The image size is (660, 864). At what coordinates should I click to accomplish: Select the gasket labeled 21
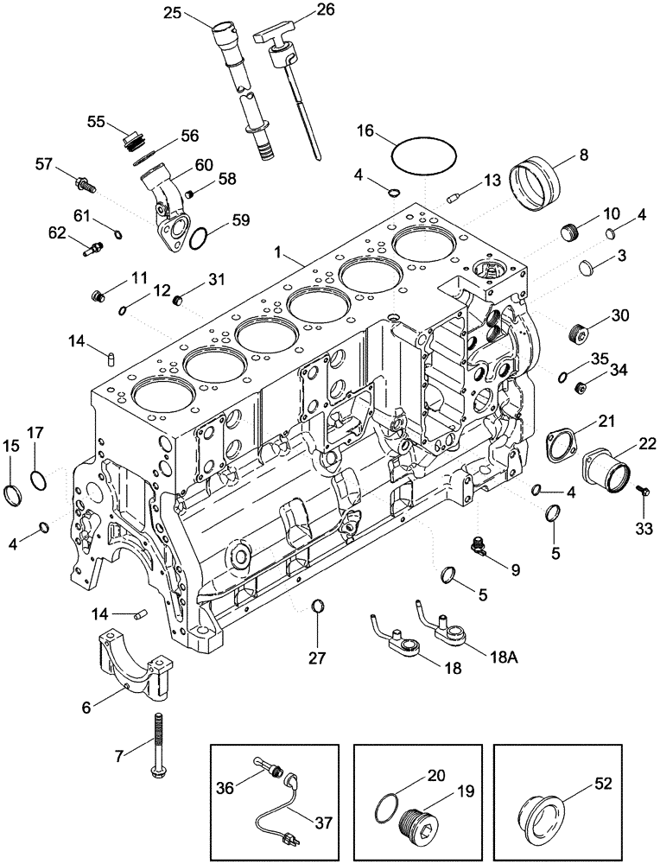click(x=562, y=447)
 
